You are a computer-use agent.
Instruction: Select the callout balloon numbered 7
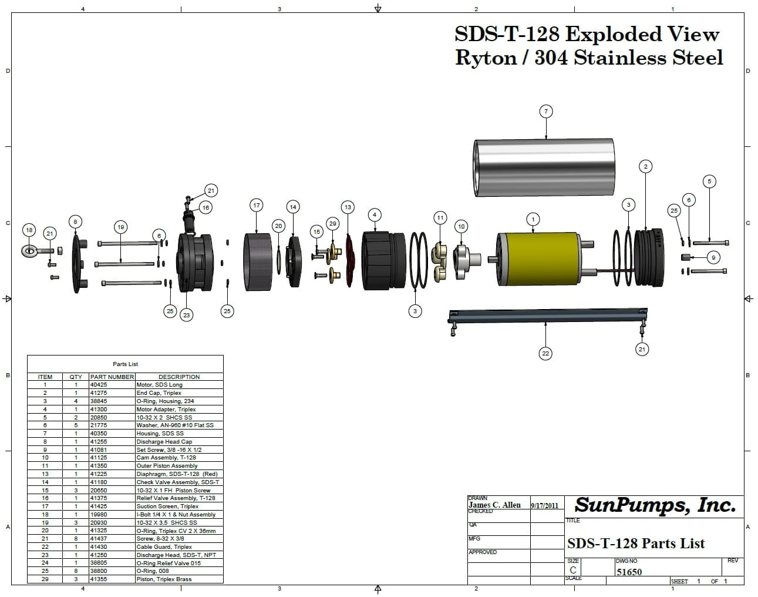tap(546, 112)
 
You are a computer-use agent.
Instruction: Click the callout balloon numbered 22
tap(546, 353)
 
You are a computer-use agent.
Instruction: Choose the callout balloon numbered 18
tap(28, 230)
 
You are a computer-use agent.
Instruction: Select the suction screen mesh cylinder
tap(257, 261)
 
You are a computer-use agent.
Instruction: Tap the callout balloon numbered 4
tap(375, 215)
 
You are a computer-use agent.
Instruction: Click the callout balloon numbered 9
tap(713, 257)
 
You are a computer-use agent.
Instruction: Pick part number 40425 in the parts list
tap(99, 385)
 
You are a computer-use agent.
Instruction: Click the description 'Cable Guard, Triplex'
tap(164, 546)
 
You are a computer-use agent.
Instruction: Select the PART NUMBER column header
tap(112, 377)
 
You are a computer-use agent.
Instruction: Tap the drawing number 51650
tap(629, 572)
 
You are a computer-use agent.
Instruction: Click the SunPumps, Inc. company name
tap(655, 505)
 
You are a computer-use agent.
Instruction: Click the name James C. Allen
tap(494, 505)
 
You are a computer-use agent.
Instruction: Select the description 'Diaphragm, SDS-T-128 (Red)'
tap(177, 474)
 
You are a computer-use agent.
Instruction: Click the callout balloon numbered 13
tap(348, 207)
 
